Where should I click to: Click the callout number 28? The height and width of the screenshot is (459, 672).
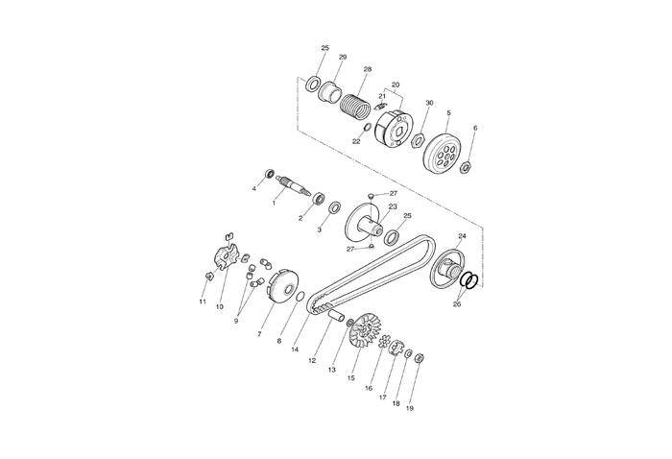tap(367, 69)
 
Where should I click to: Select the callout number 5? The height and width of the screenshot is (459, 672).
tap(448, 113)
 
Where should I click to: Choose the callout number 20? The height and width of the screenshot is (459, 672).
tap(396, 85)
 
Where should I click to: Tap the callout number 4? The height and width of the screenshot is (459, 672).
tap(254, 188)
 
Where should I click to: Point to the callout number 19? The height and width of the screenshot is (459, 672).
tap(410, 408)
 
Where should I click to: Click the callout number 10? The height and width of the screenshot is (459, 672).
tap(219, 307)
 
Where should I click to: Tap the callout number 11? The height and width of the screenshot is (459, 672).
tap(203, 302)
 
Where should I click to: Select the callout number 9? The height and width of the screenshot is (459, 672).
tap(235, 321)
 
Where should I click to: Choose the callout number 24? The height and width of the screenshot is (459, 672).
tap(462, 235)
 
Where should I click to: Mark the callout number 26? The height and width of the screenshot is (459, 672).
tap(457, 304)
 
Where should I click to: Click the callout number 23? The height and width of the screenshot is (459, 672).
tap(393, 206)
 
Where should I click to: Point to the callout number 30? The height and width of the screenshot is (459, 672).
tap(429, 103)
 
